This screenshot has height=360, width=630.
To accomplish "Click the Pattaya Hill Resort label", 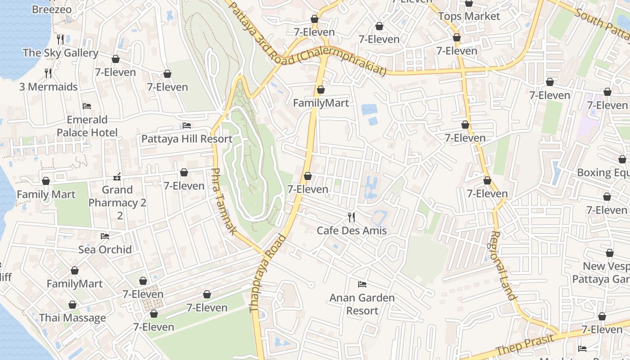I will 187,139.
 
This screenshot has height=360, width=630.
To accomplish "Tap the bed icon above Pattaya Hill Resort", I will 187,126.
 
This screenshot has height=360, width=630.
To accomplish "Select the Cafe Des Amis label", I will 351,231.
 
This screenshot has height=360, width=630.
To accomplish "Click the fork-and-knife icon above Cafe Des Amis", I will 351,217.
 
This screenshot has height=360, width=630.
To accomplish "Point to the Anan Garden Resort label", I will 362,304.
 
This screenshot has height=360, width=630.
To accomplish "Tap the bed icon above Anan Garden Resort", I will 362,284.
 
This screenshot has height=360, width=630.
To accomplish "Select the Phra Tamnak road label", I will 224,201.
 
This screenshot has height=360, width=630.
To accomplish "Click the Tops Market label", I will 469,16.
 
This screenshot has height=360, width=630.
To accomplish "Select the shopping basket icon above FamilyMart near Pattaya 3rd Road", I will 321,90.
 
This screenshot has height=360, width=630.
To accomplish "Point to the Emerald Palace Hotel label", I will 87,126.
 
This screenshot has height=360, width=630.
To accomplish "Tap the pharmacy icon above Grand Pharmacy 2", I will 117,176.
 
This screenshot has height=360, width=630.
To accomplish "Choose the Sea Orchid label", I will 105,249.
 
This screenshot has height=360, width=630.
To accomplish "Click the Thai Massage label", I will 72,318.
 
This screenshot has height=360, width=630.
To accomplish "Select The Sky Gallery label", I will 60,53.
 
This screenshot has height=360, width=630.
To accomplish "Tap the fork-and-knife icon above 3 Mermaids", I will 48,73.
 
